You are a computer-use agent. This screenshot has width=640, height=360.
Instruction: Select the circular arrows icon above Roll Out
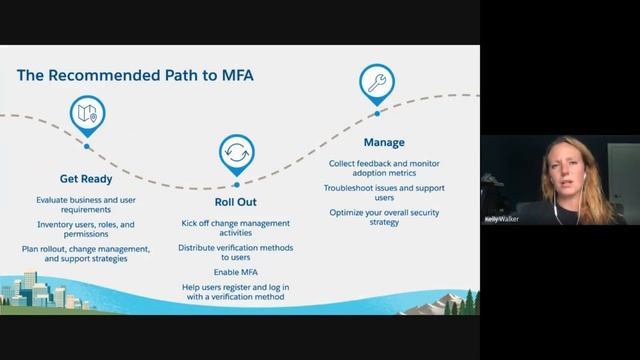(x=237, y=153)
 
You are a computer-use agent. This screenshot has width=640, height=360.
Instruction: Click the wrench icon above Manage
(x=377, y=85)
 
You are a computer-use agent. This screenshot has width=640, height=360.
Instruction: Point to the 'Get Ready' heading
(x=86, y=181)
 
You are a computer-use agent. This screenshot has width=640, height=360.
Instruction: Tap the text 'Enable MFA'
(x=236, y=272)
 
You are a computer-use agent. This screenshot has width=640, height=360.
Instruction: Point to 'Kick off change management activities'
(x=236, y=229)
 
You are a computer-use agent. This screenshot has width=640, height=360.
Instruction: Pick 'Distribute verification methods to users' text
(x=236, y=251)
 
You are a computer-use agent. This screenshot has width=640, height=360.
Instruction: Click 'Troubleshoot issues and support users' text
(x=384, y=192)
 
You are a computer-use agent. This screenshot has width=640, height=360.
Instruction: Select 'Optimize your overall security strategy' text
(x=384, y=217)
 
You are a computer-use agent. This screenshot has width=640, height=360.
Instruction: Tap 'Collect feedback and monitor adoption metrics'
(x=384, y=167)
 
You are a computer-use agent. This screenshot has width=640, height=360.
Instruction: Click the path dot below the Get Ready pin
(x=87, y=146)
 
